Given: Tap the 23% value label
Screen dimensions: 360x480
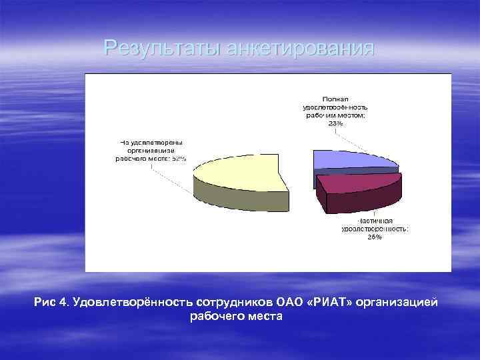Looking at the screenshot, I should point(335,123).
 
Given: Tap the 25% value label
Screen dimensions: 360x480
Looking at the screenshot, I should point(374,237).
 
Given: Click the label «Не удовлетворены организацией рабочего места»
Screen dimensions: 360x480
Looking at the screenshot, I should point(151,150).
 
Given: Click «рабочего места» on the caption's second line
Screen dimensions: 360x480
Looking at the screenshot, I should point(237,317).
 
